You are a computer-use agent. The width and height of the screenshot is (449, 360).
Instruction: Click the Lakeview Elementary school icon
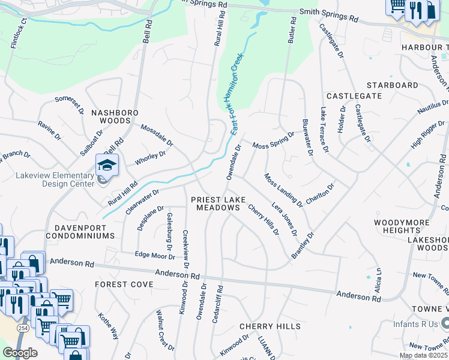pyautogui.click(x=107, y=166)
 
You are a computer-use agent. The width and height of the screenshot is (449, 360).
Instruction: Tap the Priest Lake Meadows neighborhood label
pyautogui.click(x=215, y=203)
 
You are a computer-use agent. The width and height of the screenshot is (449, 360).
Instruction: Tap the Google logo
pyautogui.click(x=20, y=353)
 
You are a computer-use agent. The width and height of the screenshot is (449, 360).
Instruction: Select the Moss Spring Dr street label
pyautogui.click(x=273, y=142)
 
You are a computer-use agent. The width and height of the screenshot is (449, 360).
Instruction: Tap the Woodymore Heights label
pyautogui.click(x=401, y=226)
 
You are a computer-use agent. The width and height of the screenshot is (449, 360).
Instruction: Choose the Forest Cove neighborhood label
pyautogui.click(x=124, y=284)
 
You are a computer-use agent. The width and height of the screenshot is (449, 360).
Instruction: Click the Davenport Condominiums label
pyautogui.click(x=84, y=232)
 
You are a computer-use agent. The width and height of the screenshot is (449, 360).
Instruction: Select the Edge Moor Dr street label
pyautogui.click(x=154, y=256)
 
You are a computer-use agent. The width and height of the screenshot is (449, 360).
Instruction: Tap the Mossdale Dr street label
pyautogui.click(x=157, y=136)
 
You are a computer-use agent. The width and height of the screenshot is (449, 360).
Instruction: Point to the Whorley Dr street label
pyautogui.click(x=150, y=156)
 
